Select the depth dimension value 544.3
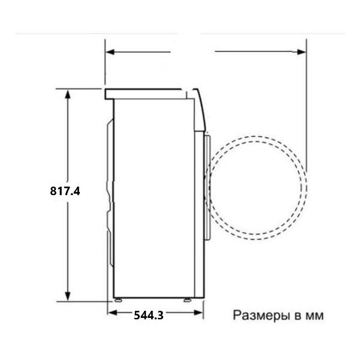148,314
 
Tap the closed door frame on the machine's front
207,186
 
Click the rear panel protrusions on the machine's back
110,192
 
